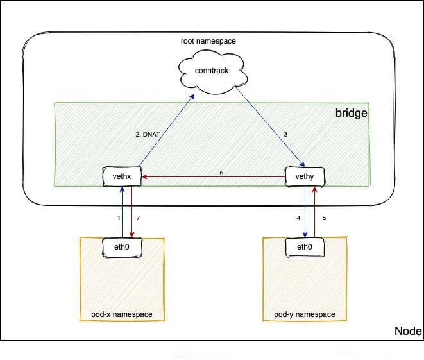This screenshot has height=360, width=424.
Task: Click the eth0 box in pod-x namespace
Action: click(121, 246)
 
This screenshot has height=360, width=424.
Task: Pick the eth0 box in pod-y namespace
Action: click(305, 246)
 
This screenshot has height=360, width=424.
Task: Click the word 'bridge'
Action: click(351, 113)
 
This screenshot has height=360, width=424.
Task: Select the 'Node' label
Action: click(407, 331)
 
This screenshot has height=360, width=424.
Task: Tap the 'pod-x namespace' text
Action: click(121, 314)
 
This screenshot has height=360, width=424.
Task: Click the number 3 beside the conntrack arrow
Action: click(284, 135)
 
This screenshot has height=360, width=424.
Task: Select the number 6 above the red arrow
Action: click(221, 173)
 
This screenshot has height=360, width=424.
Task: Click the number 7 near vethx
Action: click(138, 218)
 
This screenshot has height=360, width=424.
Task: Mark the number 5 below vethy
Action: click(324, 218)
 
